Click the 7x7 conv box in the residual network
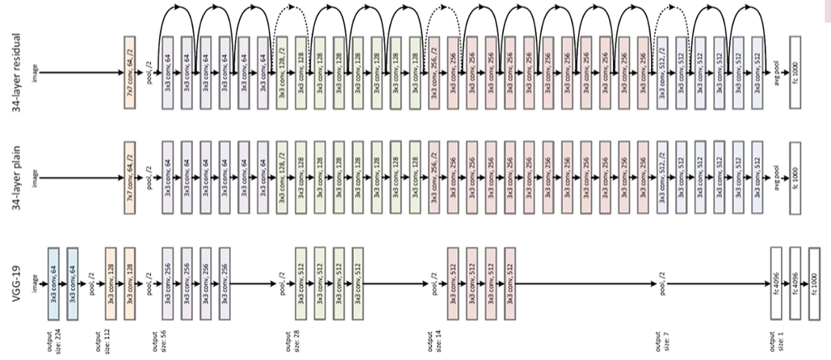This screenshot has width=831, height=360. (x=130, y=72)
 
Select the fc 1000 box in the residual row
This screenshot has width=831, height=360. (x=795, y=72)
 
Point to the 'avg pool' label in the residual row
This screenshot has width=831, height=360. (x=776, y=72)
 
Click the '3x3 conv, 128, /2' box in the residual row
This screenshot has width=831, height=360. (x=282, y=72)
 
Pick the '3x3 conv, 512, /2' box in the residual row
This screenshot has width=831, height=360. (x=662, y=72)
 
